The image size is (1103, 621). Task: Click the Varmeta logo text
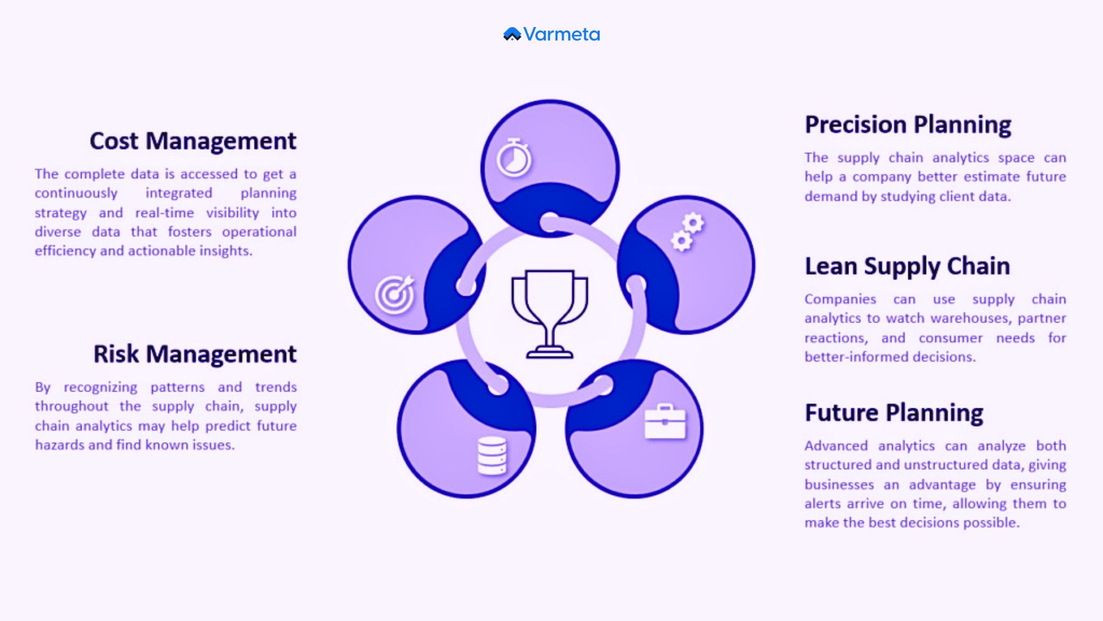point(561,34)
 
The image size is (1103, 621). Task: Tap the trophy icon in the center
point(550,313)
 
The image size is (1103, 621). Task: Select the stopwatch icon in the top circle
point(514,158)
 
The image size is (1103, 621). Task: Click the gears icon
point(688,232)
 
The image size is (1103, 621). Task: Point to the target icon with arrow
point(395,294)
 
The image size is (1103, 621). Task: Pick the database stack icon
point(492,456)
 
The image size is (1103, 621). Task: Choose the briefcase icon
point(665,422)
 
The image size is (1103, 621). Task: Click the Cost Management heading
point(193,141)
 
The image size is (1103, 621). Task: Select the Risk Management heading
point(195,354)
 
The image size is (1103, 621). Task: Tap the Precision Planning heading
point(908,125)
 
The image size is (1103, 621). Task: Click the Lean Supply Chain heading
point(907,266)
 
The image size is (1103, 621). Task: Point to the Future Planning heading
point(894,413)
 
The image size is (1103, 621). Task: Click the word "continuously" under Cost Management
point(76,193)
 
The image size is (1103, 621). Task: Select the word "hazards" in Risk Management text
point(59,445)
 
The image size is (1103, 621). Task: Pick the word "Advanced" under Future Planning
point(836,446)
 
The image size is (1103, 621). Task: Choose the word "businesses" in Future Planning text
point(839,485)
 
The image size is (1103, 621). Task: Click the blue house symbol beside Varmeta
point(512,34)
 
